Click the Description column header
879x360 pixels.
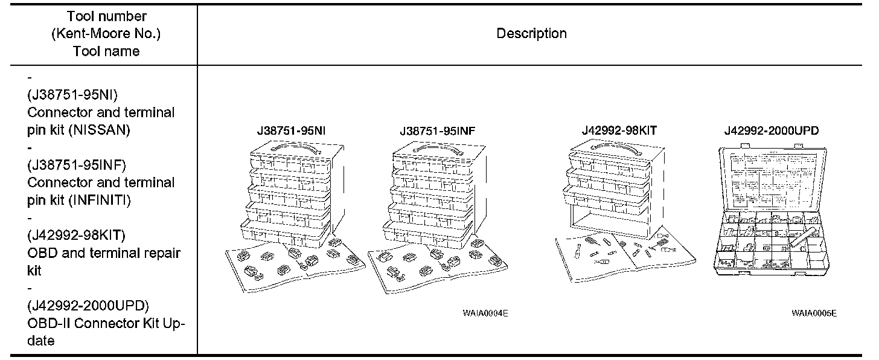pyautogui.click(x=531, y=34)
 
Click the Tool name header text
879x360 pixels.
pyautogui.click(x=106, y=51)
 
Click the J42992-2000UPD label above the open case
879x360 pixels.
pyautogui.click(x=771, y=130)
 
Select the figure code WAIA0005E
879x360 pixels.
pyautogui.click(x=814, y=313)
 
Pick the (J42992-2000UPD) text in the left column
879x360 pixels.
pyautogui.click(x=88, y=305)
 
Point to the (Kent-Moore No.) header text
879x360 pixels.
pyautogui.click(x=106, y=34)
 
